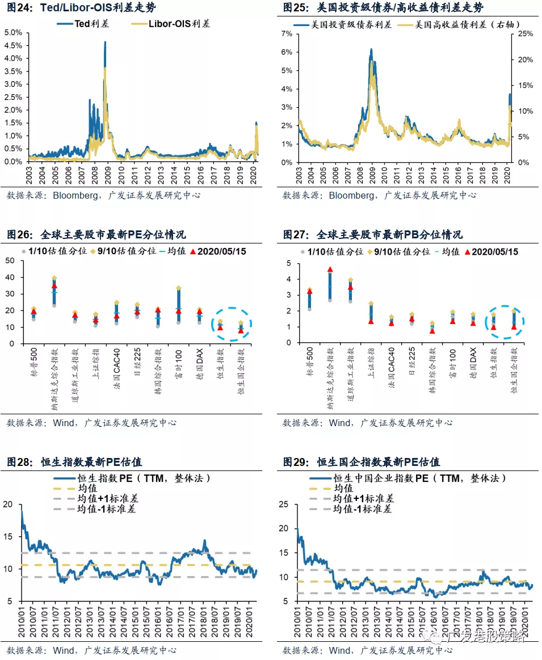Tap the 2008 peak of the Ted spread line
(105, 42)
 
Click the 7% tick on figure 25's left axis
(287, 34)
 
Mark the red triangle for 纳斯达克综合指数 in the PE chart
(54, 285)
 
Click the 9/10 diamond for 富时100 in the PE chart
(179, 288)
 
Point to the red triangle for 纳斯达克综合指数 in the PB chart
(330, 270)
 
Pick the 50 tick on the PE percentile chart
(9, 260)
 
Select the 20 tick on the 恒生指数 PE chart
(7, 504)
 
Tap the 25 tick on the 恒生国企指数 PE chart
(285, 504)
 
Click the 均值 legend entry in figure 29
(343, 489)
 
